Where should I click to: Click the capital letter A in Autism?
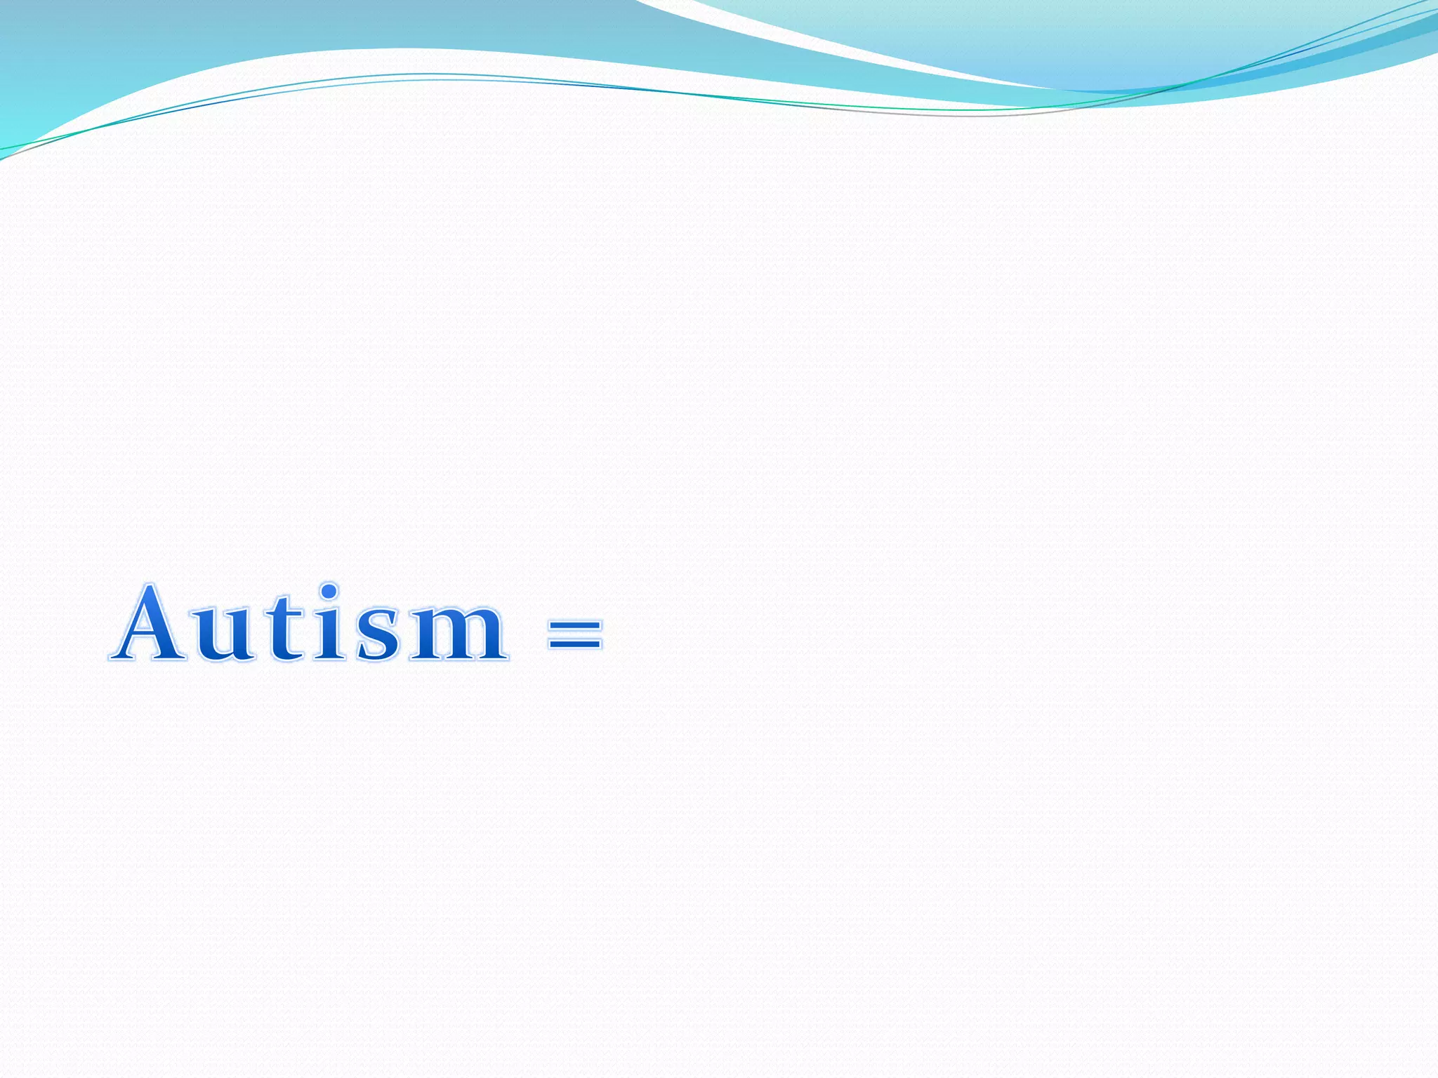tap(150, 625)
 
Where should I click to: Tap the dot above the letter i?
tap(328, 590)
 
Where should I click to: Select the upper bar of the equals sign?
tap(575, 624)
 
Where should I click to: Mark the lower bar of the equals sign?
tap(575, 643)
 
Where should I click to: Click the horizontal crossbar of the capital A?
tap(150, 636)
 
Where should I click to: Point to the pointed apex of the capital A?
tap(150, 587)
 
